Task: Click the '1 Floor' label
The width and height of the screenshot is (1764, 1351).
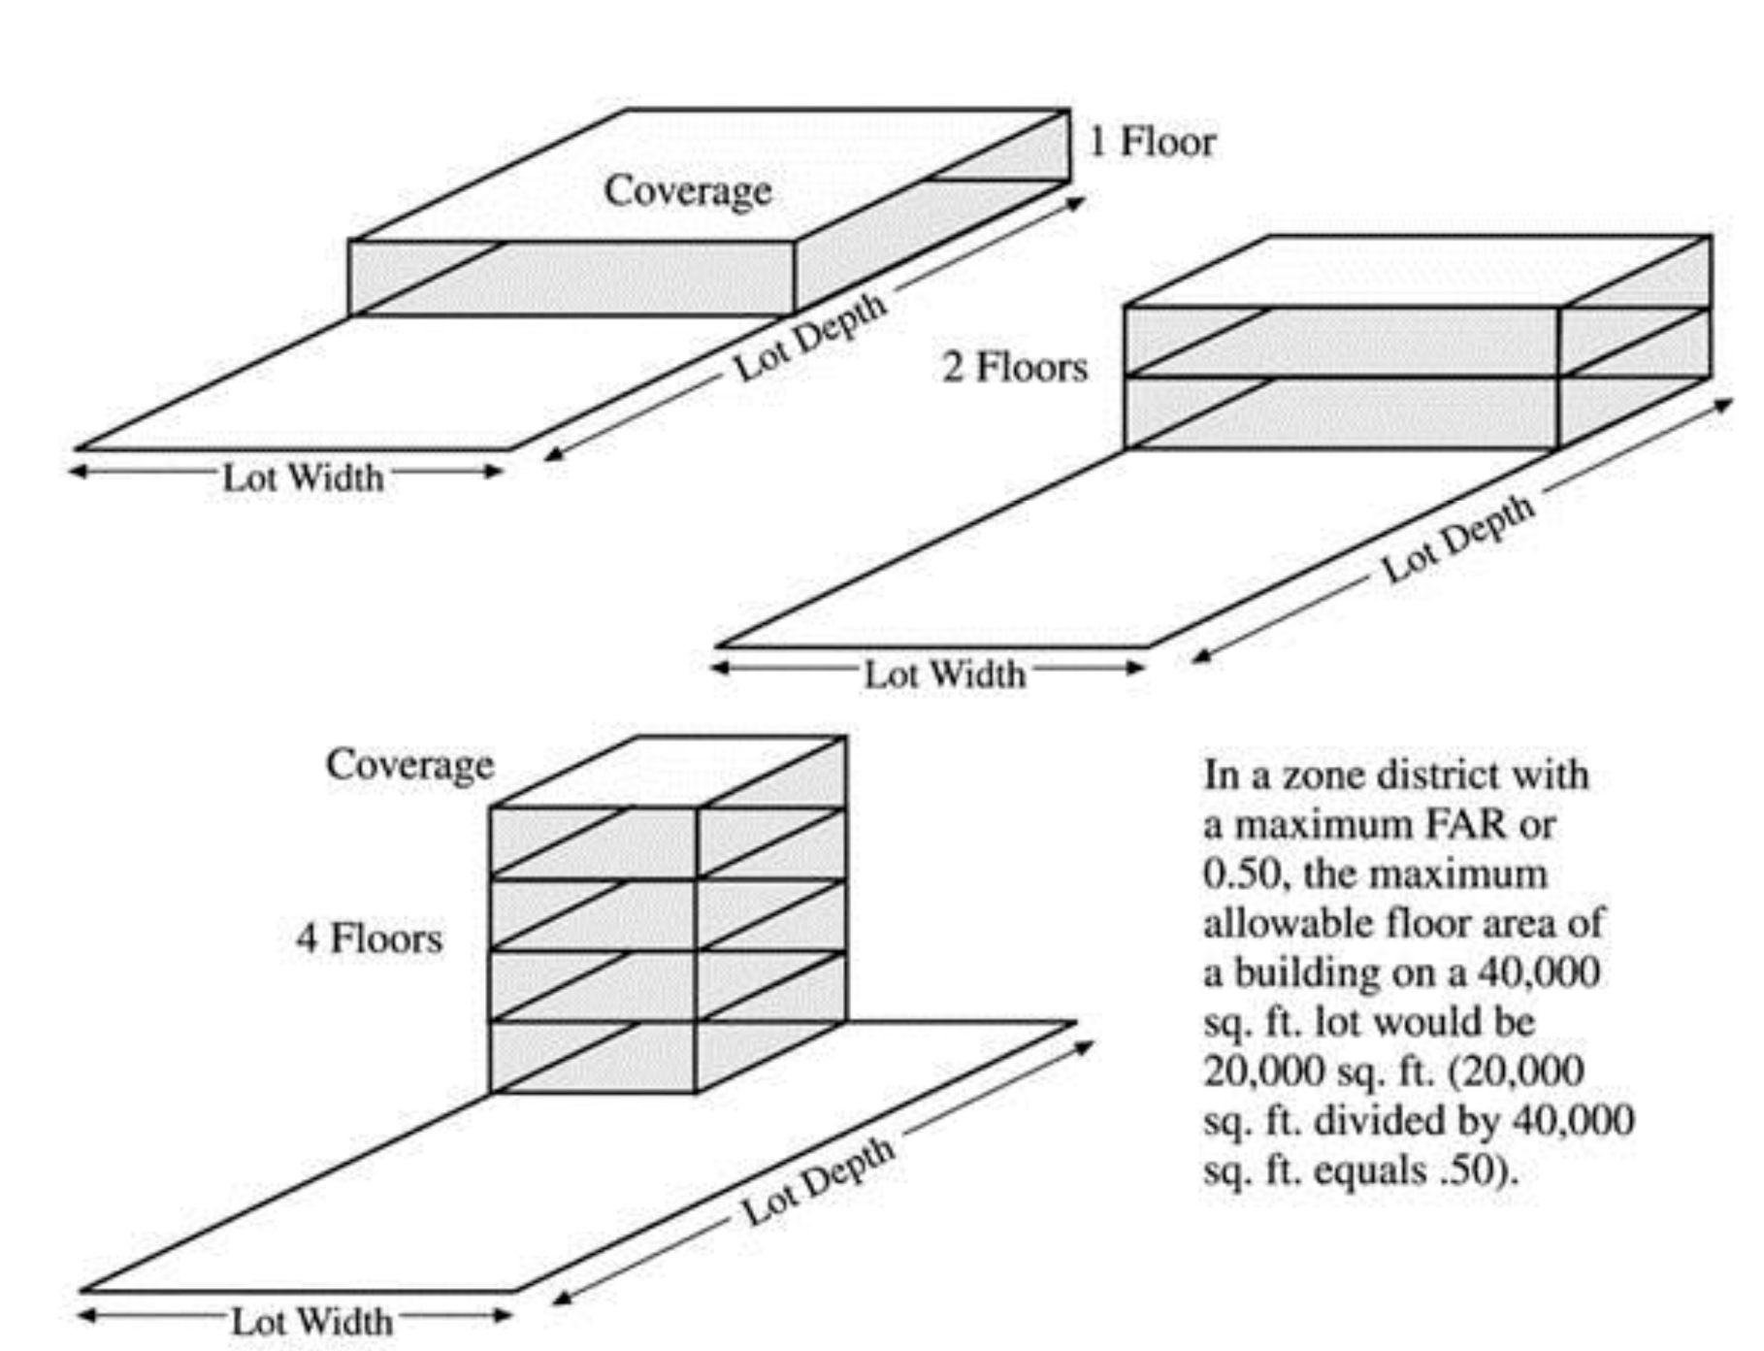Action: click(x=1152, y=142)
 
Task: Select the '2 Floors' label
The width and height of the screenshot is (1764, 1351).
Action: click(x=1015, y=367)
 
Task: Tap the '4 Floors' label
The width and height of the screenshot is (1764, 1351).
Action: click(x=370, y=939)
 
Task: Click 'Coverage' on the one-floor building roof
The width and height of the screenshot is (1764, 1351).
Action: click(x=688, y=191)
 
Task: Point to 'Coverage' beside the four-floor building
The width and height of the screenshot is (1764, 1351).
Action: click(x=409, y=766)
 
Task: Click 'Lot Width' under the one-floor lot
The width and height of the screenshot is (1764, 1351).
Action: click(x=304, y=478)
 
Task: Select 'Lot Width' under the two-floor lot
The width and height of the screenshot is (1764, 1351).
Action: click(x=945, y=674)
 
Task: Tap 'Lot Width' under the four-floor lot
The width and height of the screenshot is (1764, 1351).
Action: click(x=312, y=1321)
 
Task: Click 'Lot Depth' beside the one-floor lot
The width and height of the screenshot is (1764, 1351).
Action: click(x=810, y=336)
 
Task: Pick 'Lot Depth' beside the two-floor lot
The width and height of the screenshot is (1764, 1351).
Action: click(x=1458, y=538)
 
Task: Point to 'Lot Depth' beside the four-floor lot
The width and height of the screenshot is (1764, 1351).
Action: click(x=818, y=1180)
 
